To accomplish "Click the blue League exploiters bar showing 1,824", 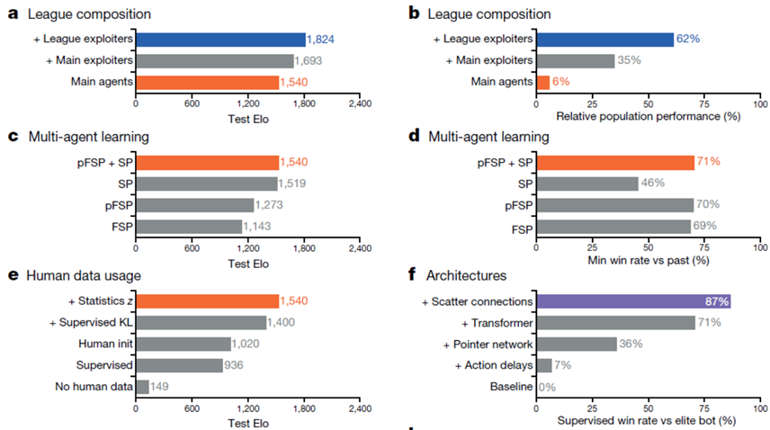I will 220,40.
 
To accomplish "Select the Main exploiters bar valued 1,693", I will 215,61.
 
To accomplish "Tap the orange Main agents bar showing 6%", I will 542,83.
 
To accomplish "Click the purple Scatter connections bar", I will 633,301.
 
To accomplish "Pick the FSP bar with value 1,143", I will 189,227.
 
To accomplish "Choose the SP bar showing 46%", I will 586,184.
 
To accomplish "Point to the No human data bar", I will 142,387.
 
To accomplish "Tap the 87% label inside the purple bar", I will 717,301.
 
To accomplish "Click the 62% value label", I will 688,40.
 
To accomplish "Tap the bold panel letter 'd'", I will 413,138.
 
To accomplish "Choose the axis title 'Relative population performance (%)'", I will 649,117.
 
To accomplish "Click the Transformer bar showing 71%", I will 615,323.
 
